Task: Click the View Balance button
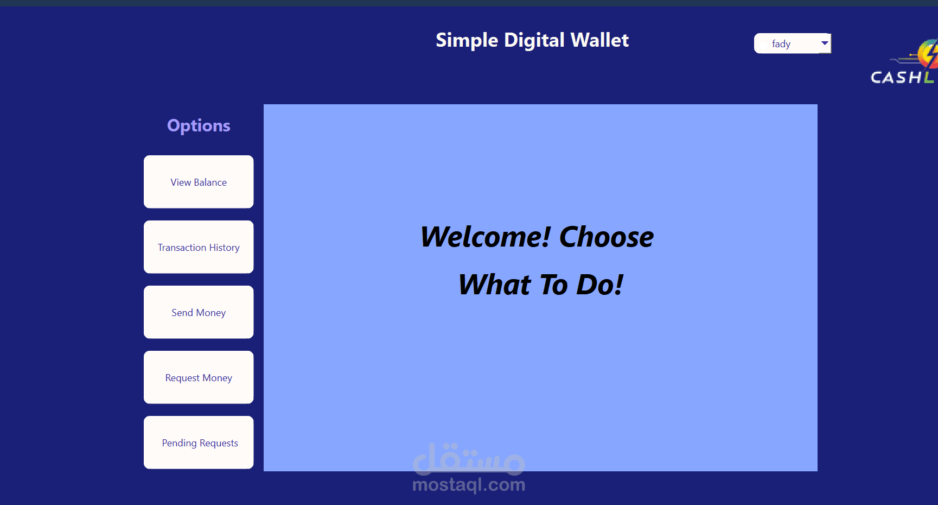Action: [199, 182]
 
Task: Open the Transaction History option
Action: [199, 247]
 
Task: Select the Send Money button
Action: [199, 312]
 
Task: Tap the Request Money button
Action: [199, 377]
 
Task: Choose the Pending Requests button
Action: [199, 443]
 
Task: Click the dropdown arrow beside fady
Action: [825, 43]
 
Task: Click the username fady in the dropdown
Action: [781, 44]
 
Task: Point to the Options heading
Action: [199, 126]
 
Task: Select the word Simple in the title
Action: [467, 41]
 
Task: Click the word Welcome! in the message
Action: [486, 237]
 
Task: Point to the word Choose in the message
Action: [607, 237]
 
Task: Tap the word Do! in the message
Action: [599, 285]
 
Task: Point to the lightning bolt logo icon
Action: [928, 54]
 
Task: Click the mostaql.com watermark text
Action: [469, 484]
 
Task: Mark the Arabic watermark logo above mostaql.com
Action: [469, 459]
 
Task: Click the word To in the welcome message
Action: [553, 285]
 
